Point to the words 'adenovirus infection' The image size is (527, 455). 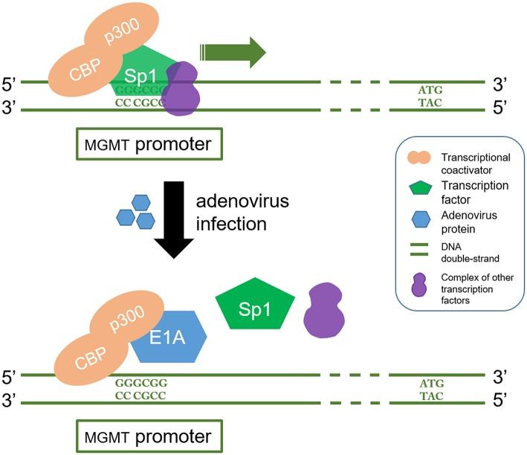236,213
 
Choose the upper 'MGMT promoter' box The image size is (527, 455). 149,143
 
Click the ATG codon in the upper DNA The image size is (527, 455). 431,90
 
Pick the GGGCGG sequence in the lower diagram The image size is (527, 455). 141,382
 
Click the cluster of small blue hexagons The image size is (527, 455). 135,213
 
